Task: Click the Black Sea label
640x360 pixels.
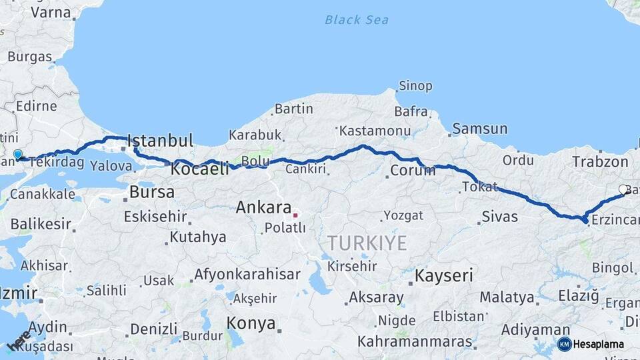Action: pyautogui.click(x=357, y=20)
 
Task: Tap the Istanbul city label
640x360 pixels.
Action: pyautogui.click(x=160, y=141)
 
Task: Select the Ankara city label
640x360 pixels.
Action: pyautogui.click(x=263, y=207)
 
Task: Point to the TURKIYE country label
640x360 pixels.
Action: pyautogui.click(x=367, y=243)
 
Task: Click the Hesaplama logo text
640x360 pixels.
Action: pyautogui.click(x=598, y=344)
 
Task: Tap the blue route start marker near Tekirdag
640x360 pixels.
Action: pyautogui.click(x=17, y=155)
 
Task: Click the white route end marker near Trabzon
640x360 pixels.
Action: pyautogui.click(x=623, y=189)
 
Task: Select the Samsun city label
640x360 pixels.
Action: pyautogui.click(x=479, y=129)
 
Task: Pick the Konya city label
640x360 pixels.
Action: pyautogui.click(x=251, y=324)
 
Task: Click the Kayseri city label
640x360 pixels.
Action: pyautogui.click(x=443, y=275)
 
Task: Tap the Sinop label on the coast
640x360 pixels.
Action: pyautogui.click(x=415, y=86)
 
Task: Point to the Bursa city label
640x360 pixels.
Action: pyautogui.click(x=152, y=193)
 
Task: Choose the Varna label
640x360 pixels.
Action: pyautogui.click(x=51, y=12)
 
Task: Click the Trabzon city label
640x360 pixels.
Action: pyautogui.click(x=600, y=161)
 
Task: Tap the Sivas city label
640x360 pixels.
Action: pyautogui.click(x=499, y=217)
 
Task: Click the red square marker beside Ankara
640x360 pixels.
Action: pyautogui.click(x=295, y=215)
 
